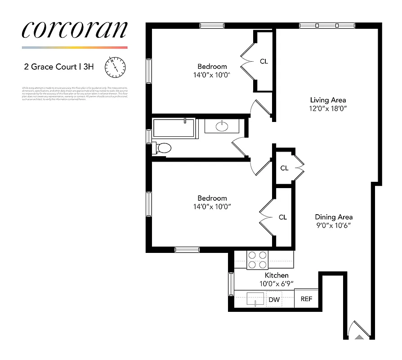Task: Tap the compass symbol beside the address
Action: pyautogui.click(x=115, y=67)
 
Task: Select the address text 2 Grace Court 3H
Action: pyautogui.click(x=59, y=67)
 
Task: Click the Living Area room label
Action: pyautogui.click(x=328, y=100)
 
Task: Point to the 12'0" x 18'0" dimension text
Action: pyautogui.click(x=328, y=108)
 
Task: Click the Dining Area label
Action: pyautogui.click(x=333, y=217)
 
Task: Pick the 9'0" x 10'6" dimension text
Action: pyautogui.click(x=333, y=225)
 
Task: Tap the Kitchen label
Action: pyautogui.click(x=276, y=275)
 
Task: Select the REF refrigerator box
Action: pyautogui.click(x=306, y=299)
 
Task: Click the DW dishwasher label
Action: pyautogui.click(x=274, y=299)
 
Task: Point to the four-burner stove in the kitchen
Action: pyautogui.click(x=258, y=260)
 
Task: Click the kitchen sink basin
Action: pyautogui.click(x=255, y=298)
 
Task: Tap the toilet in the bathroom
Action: pyautogui.click(x=163, y=148)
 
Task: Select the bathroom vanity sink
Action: pyautogui.click(x=222, y=126)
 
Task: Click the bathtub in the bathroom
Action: pyautogui.click(x=173, y=128)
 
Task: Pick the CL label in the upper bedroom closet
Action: pyautogui.click(x=264, y=61)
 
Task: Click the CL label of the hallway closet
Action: pyautogui.click(x=284, y=168)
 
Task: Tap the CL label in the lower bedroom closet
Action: pyautogui.click(x=282, y=217)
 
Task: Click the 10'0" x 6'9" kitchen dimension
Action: pyautogui.click(x=276, y=284)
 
